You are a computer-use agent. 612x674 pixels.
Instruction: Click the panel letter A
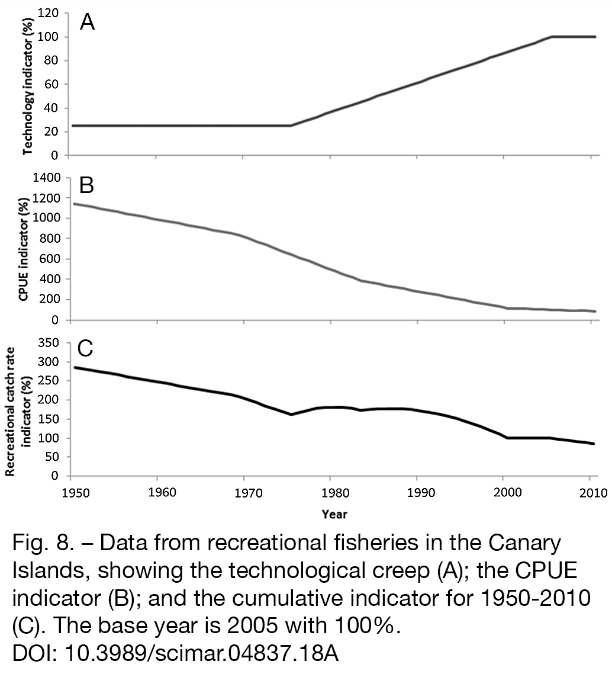87,22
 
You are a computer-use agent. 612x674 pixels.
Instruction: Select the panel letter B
86,186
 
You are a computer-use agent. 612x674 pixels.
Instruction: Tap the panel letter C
85,348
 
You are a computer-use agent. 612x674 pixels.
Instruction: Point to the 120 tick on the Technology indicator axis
49,13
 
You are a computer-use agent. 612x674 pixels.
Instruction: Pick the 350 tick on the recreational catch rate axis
49,343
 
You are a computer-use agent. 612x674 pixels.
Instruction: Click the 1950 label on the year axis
76,493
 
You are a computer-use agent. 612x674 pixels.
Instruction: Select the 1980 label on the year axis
335,493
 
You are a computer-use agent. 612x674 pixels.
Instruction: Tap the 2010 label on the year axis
594,493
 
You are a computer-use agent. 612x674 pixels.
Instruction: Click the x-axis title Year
334,513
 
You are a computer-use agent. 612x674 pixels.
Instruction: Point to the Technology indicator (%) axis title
28,85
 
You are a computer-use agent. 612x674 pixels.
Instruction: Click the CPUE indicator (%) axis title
24,249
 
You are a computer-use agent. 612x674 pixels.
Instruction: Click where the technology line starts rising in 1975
291,126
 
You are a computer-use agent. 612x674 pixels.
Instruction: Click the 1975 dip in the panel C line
291,415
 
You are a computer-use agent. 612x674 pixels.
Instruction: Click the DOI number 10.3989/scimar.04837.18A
201,653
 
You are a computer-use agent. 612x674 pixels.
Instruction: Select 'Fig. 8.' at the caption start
42,543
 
